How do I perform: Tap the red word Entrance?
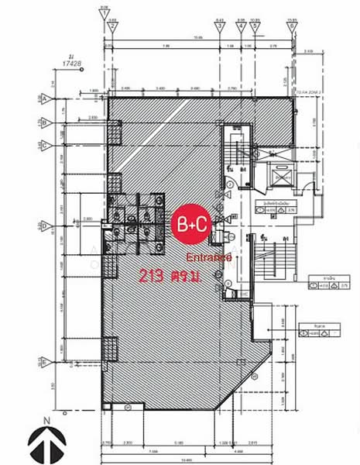(211, 257)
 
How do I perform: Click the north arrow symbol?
(46, 443)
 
